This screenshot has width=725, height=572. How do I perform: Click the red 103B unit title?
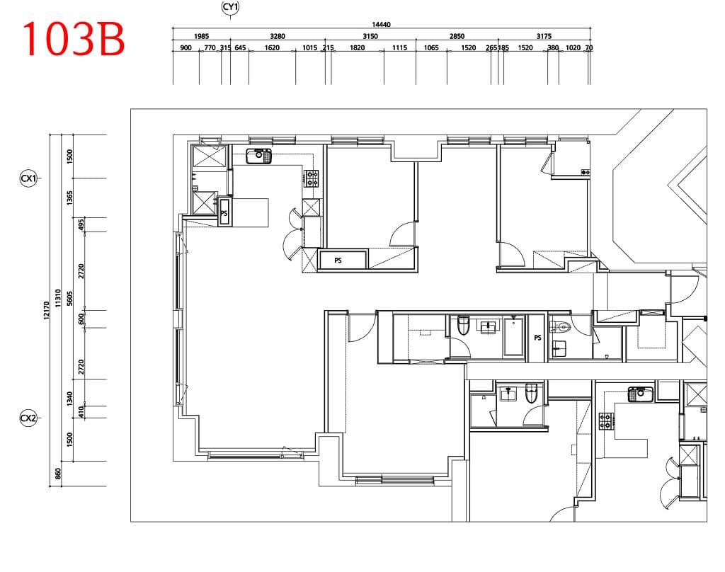[x=74, y=39]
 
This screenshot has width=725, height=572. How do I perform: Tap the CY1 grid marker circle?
[x=230, y=7]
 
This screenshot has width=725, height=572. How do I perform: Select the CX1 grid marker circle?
[x=28, y=178]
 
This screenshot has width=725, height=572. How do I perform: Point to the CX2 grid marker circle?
[x=28, y=418]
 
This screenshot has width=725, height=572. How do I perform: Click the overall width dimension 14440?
[x=381, y=25]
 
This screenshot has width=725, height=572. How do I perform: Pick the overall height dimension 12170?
[x=46, y=310]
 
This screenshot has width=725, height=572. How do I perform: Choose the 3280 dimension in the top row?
[x=278, y=36]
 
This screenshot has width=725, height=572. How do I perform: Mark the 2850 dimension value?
[x=457, y=36]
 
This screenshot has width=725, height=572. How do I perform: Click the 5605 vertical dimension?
[x=70, y=298]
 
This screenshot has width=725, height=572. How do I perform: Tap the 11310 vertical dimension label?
[x=58, y=298]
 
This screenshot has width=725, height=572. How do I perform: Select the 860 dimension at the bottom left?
[x=58, y=474]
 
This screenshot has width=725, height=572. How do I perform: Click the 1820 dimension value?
[x=357, y=47]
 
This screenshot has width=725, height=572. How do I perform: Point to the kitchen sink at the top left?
[x=259, y=156]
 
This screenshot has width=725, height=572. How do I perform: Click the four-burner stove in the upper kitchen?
[x=312, y=178]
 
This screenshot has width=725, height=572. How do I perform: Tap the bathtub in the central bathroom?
[x=514, y=336]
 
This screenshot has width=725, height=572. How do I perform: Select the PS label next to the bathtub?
[x=537, y=338]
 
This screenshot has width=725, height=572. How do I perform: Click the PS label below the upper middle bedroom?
[x=338, y=261]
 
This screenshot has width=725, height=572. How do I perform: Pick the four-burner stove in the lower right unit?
[x=606, y=421]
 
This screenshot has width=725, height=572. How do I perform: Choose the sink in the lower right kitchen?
[x=640, y=394]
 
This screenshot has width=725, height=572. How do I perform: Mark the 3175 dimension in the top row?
[x=544, y=36]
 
